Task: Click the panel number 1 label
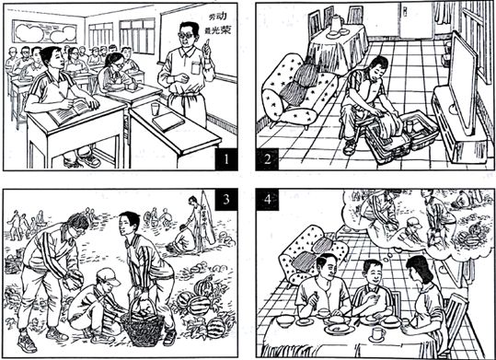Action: (x=225, y=159)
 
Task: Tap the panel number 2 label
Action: (x=267, y=159)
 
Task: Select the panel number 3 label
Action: (x=225, y=200)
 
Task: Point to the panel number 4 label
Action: (x=268, y=200)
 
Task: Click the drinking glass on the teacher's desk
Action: (x=155, y=110)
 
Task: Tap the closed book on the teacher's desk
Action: (x=168, y=122)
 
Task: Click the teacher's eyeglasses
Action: (x=188, y=35)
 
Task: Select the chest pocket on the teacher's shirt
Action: (x=196, y=68)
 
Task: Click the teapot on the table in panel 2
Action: (x=335, y=23)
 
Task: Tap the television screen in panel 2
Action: (x=463, y=83)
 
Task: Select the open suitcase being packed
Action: (x=402, y=135)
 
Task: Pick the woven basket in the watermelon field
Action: (x=143, y=324)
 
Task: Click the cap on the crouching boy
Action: (x=108, y=277)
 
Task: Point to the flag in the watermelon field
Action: (x=207, y=217)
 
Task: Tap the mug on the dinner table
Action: (x=378, y=334)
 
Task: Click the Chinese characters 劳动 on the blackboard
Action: (x=218, y=17)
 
